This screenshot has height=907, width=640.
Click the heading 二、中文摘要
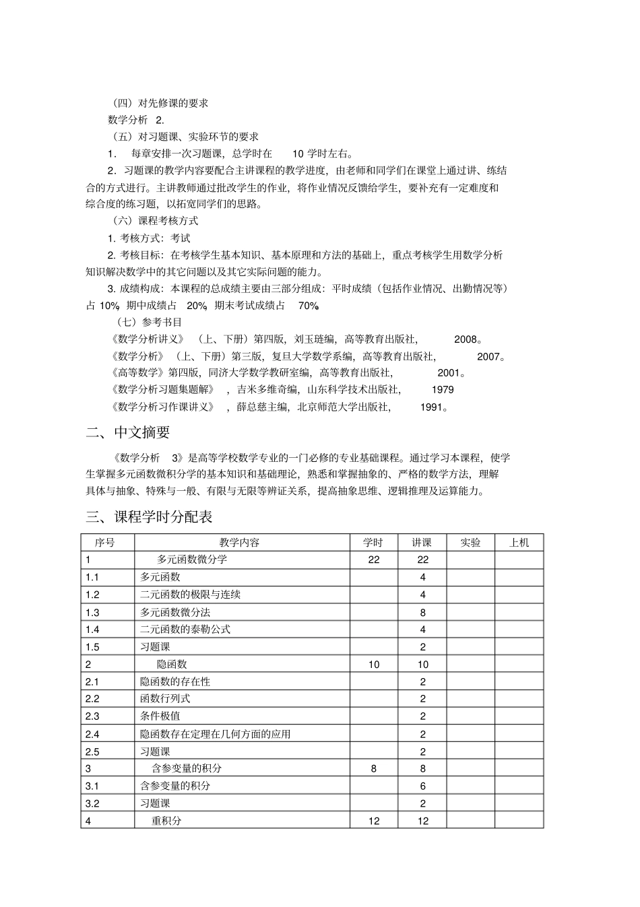click(127, 432)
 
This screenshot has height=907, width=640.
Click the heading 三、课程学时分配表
click(149, 517)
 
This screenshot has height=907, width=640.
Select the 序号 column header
click(105, 542)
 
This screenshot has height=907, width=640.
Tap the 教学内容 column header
click(239, 542)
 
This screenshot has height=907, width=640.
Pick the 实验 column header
click(470, 542)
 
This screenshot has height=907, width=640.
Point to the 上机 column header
click(519, 542)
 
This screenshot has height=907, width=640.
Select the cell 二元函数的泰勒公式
click(185, 629)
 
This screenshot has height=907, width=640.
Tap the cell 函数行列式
click(165, 699)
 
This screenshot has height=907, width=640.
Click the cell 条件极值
click(160, 716)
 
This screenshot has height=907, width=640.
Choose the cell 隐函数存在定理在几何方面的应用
click(216, 734)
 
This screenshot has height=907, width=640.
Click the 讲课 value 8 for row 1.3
click(422, 612)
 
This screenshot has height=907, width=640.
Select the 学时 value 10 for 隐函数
click(374, 665)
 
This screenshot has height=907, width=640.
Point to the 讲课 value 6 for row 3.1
click(422, 786)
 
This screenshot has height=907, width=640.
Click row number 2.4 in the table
click(92, 734)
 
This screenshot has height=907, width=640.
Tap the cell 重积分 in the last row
click(166, 821)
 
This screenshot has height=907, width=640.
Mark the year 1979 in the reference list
click(443, 389)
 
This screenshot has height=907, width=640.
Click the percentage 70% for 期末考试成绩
click(308, 306)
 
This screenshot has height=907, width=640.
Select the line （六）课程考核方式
click(156, 220)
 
